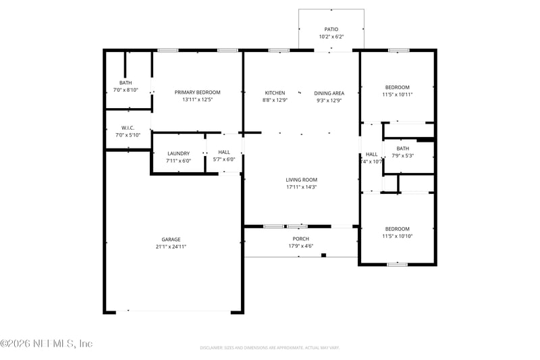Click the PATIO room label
click(x=331, y=29)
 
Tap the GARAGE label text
click(x=171, y=239)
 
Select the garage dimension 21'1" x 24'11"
click(x=171, y=247)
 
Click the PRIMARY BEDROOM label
click(x=197, y=93)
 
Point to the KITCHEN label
click(x=275, y=93)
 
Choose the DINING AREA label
click(x=329, y=93)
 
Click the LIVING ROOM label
click(x=301, y=180)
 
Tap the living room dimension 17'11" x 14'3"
click(x=301, y=187)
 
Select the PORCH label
click(x=300, y=238)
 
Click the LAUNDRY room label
click(x=179, y=153)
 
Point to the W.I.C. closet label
click(x=128, y=128)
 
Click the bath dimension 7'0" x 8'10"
click(x=126, y=90)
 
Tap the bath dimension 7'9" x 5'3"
click(x=403, y=155)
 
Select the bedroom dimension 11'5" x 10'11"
click(x=398, y=95)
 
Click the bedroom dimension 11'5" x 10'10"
click(x=398, y=236)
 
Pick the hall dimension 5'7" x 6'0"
click(x=224, y=160)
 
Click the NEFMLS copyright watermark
click(x=47, y=344)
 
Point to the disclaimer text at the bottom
click(x=269, y=348)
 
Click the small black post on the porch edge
click(x=324, y=255)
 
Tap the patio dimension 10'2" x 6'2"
click(x=331, y=36)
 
